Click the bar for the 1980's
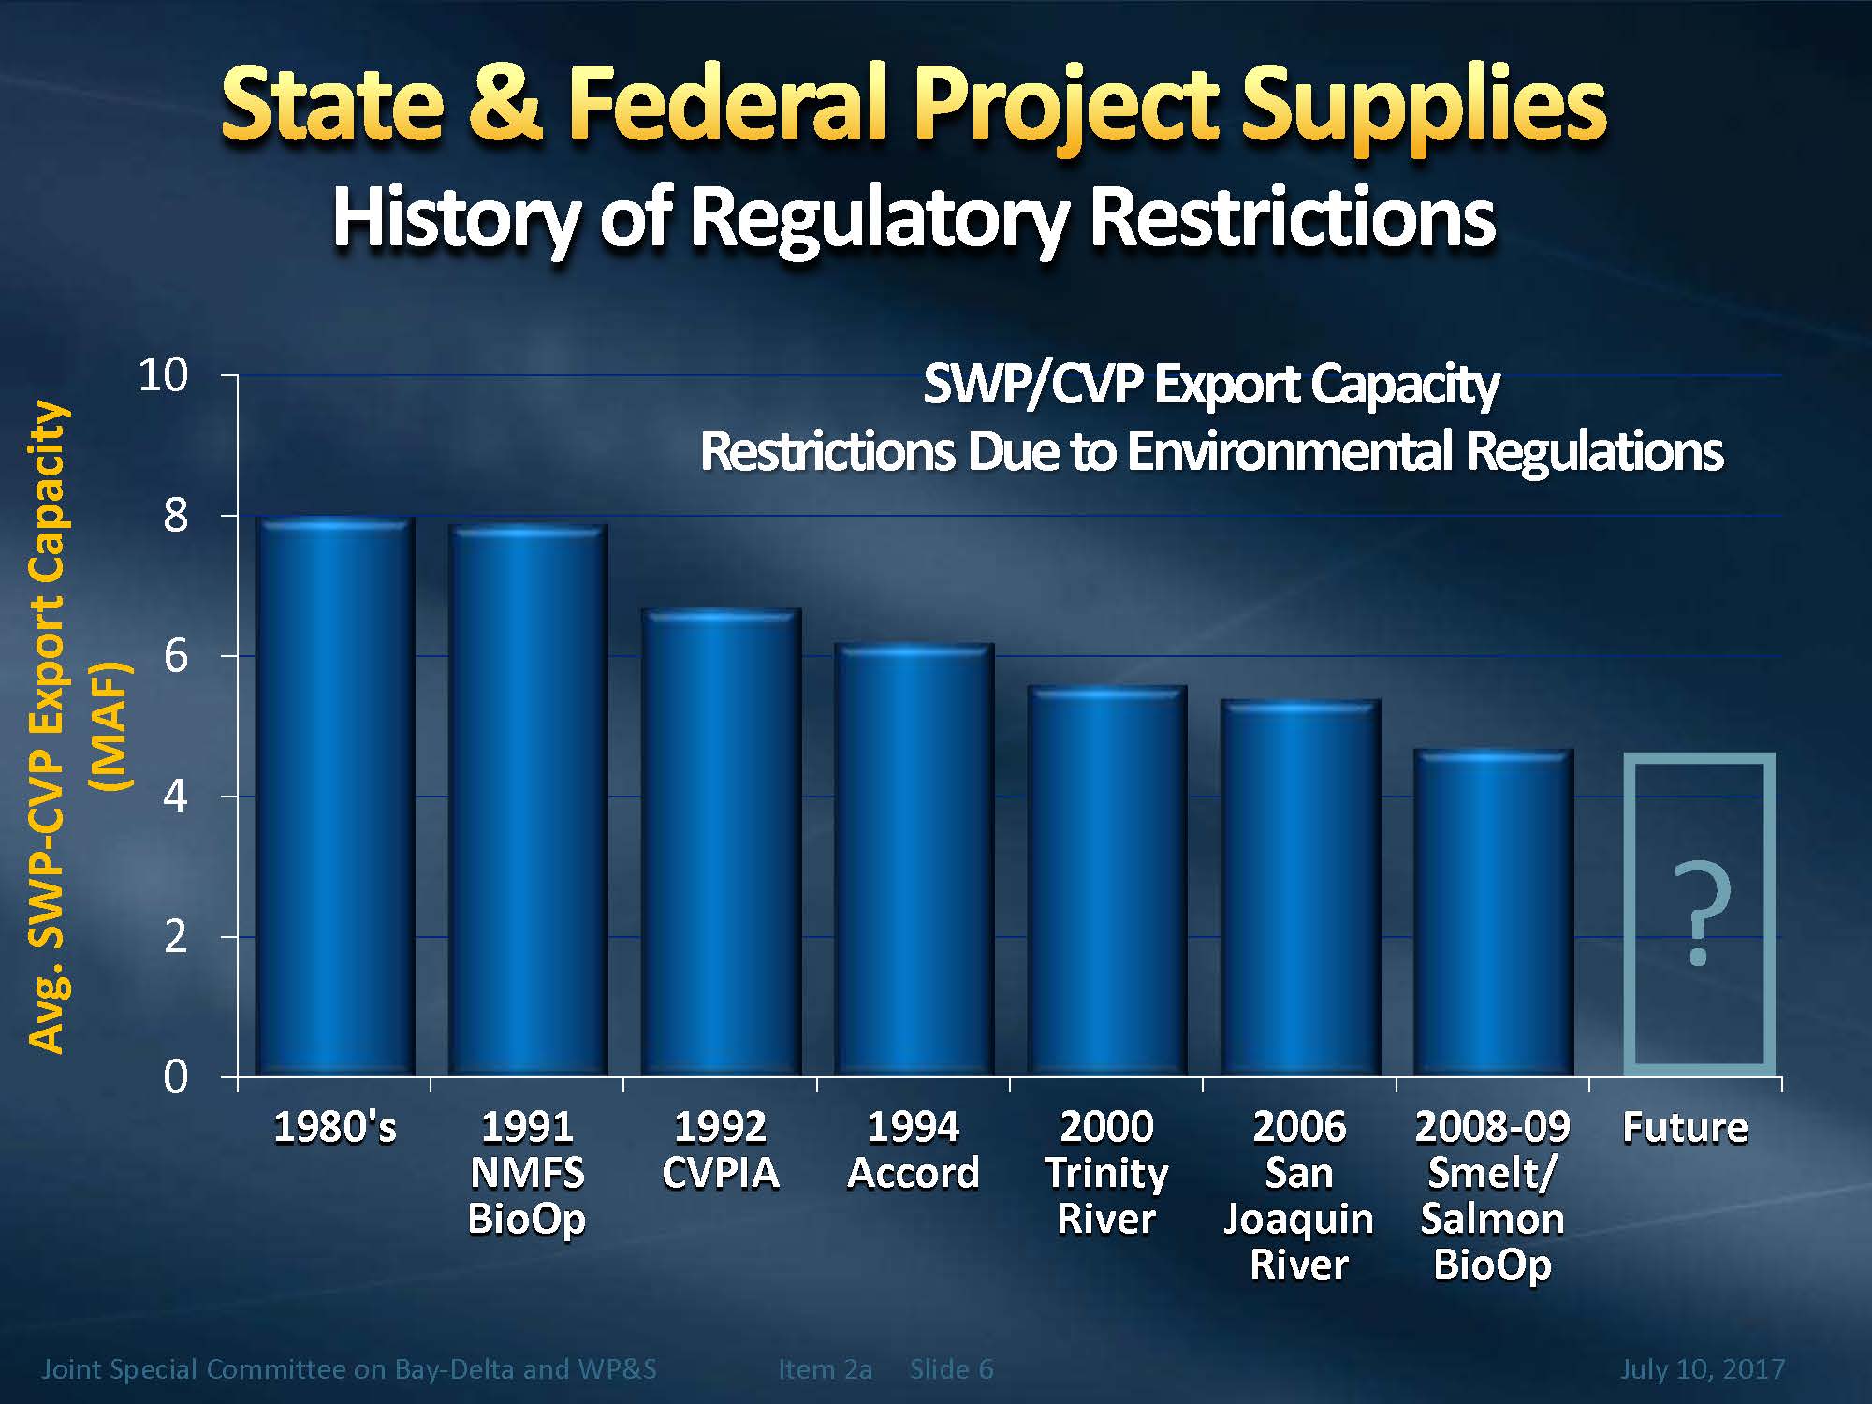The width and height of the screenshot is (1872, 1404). pyautogui.click(x=334, y=796)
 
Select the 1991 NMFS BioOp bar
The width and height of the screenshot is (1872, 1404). pyautogui.click(x=528, y=800)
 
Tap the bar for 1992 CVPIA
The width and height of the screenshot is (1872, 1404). pyautogui.click(x=721, y=842)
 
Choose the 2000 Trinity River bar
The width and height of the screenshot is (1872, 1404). pyautogui.click(x=1106, y=880)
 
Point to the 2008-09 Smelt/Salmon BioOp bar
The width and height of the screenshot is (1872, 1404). pyautogui.click(x=1493, y=913)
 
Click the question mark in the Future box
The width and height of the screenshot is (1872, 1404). pyautogui.click(x=1700, y=913)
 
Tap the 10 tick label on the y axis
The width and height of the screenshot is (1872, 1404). pyautogui.click(x=163, y=376)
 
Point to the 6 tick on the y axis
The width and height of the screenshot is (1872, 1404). pyautogui.click(x=175, y=656)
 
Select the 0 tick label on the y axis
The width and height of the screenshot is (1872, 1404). pyautogui.click(x=175, y=1077)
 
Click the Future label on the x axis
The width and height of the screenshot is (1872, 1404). pyautogui.click(x=1685, y=1127)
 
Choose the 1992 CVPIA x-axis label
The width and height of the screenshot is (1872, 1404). pyautogui.click(x=721, y=1149)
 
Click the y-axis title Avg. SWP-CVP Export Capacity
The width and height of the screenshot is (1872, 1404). pyautogui.click(x=47, y=725)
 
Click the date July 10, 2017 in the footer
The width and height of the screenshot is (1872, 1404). pyautogui.click(x=1702, y=1369)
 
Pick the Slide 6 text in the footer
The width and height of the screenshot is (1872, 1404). pyautogui.click(x=951, y=1369)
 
